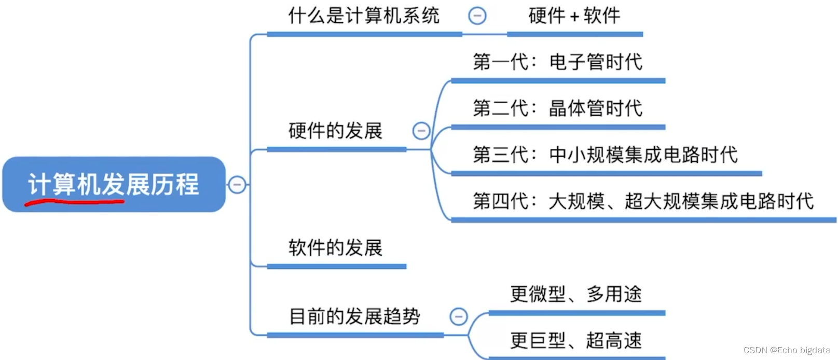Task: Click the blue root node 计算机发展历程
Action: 114,184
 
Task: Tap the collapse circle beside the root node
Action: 237,184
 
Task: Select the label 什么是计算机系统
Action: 364,16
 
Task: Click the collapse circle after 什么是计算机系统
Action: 477,16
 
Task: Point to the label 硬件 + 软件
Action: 574,16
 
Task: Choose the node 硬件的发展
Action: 335,131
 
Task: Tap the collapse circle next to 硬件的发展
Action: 421,131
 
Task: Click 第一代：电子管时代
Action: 558,62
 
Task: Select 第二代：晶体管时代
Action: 558,108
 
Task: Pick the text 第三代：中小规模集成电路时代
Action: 605,155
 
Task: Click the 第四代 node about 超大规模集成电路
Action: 643,201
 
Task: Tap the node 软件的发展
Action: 335,247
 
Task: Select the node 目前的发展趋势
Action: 354,316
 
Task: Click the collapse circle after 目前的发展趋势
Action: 459,316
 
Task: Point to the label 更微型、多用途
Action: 576,294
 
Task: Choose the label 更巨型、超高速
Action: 576,341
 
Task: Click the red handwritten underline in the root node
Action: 74,202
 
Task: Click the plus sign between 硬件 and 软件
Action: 574,17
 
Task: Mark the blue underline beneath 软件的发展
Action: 336,267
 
